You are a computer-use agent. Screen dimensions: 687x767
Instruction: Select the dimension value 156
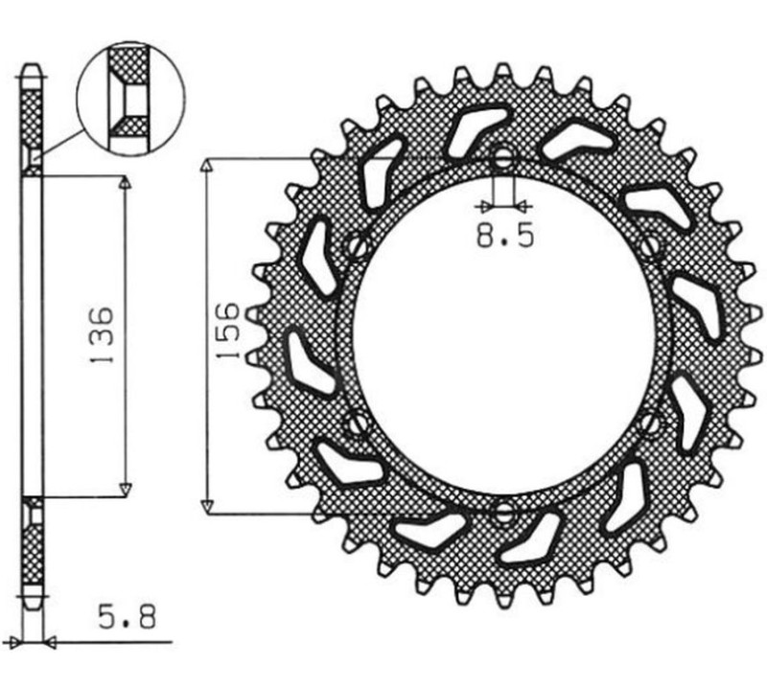pos(227,332)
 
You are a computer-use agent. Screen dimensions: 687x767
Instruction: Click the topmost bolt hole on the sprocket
pos(503,159)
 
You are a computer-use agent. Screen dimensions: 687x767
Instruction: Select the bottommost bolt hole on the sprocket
pos(501,513)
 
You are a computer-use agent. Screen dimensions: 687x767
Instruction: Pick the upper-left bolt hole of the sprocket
pos(357,247)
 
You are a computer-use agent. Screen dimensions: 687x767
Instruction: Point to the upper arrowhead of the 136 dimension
pos(124,183)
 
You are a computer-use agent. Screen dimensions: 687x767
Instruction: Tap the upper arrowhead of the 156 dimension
pos(204,165)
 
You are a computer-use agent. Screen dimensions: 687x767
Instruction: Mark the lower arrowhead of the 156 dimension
pos(204,506)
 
